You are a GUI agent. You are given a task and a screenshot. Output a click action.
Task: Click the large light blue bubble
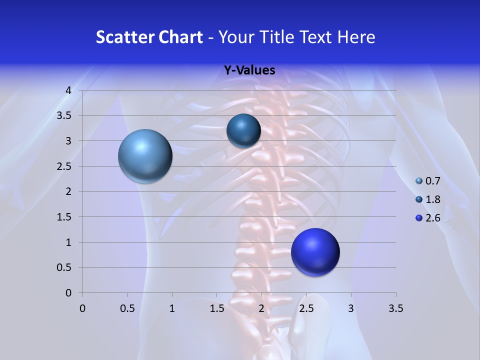[145, 156]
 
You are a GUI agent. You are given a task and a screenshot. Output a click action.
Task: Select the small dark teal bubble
[243, 130]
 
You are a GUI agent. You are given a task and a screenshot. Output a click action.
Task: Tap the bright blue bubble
[315, 252]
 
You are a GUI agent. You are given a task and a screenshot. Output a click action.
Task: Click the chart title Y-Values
[249, 70]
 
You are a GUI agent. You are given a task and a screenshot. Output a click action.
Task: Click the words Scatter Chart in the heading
[149, 37]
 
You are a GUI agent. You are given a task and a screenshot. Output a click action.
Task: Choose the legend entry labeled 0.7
[428, 181]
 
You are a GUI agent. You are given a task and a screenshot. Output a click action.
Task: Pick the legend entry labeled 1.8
[428, 199]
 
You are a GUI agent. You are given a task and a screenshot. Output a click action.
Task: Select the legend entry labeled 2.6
[428, 218]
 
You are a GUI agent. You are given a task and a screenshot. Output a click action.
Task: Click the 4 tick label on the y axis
[68, 90]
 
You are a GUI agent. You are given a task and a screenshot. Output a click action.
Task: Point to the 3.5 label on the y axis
[65, 115]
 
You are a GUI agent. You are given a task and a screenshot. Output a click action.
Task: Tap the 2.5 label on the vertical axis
[65, 166]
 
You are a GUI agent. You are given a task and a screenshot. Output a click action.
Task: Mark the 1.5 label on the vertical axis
[65, 217]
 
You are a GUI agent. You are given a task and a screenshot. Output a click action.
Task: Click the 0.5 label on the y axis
[65, 267]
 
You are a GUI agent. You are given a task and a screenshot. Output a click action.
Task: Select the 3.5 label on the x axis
[395, 308]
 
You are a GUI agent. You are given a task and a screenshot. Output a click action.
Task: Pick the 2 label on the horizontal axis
[261, 308]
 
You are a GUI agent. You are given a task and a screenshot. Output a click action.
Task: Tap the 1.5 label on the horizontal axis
[216, 308]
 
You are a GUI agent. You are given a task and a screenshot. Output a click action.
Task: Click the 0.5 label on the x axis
[127, 308]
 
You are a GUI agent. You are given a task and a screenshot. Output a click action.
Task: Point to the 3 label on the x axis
[351, 308]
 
